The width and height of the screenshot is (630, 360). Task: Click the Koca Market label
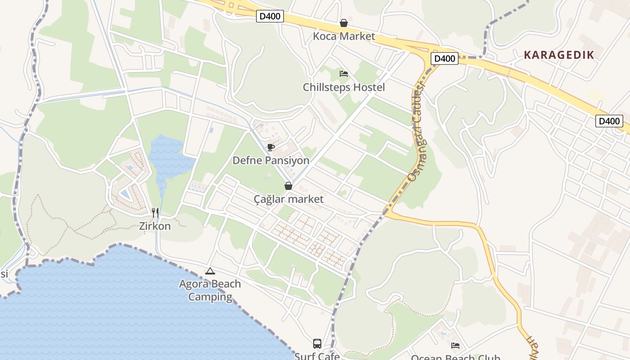pos(344,36)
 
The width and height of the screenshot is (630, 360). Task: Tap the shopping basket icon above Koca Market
pos(344,23)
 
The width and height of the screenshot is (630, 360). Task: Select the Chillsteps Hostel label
pos(344,87)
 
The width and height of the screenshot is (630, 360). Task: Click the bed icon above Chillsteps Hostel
pos(344,73)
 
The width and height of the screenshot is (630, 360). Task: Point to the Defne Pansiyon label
pos(271,161)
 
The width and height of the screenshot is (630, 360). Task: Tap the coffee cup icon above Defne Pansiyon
pos(271,147)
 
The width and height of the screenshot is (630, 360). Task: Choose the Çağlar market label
pos(288,199)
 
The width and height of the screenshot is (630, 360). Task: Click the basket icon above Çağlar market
pos(288,185)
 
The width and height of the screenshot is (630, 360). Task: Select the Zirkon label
pos(155,226)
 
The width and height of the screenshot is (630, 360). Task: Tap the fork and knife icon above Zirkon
pos(155,212)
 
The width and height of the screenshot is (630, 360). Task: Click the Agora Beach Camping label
pos(210,290)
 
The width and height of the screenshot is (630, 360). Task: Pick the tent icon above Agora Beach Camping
pos(210,271)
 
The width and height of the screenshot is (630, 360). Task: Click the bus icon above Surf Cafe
pos(317,344)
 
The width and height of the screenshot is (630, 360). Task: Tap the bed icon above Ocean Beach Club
pos(455,346)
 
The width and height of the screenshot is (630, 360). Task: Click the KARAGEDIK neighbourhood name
pos(559,55)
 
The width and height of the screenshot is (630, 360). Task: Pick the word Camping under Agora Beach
pos(210,297)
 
